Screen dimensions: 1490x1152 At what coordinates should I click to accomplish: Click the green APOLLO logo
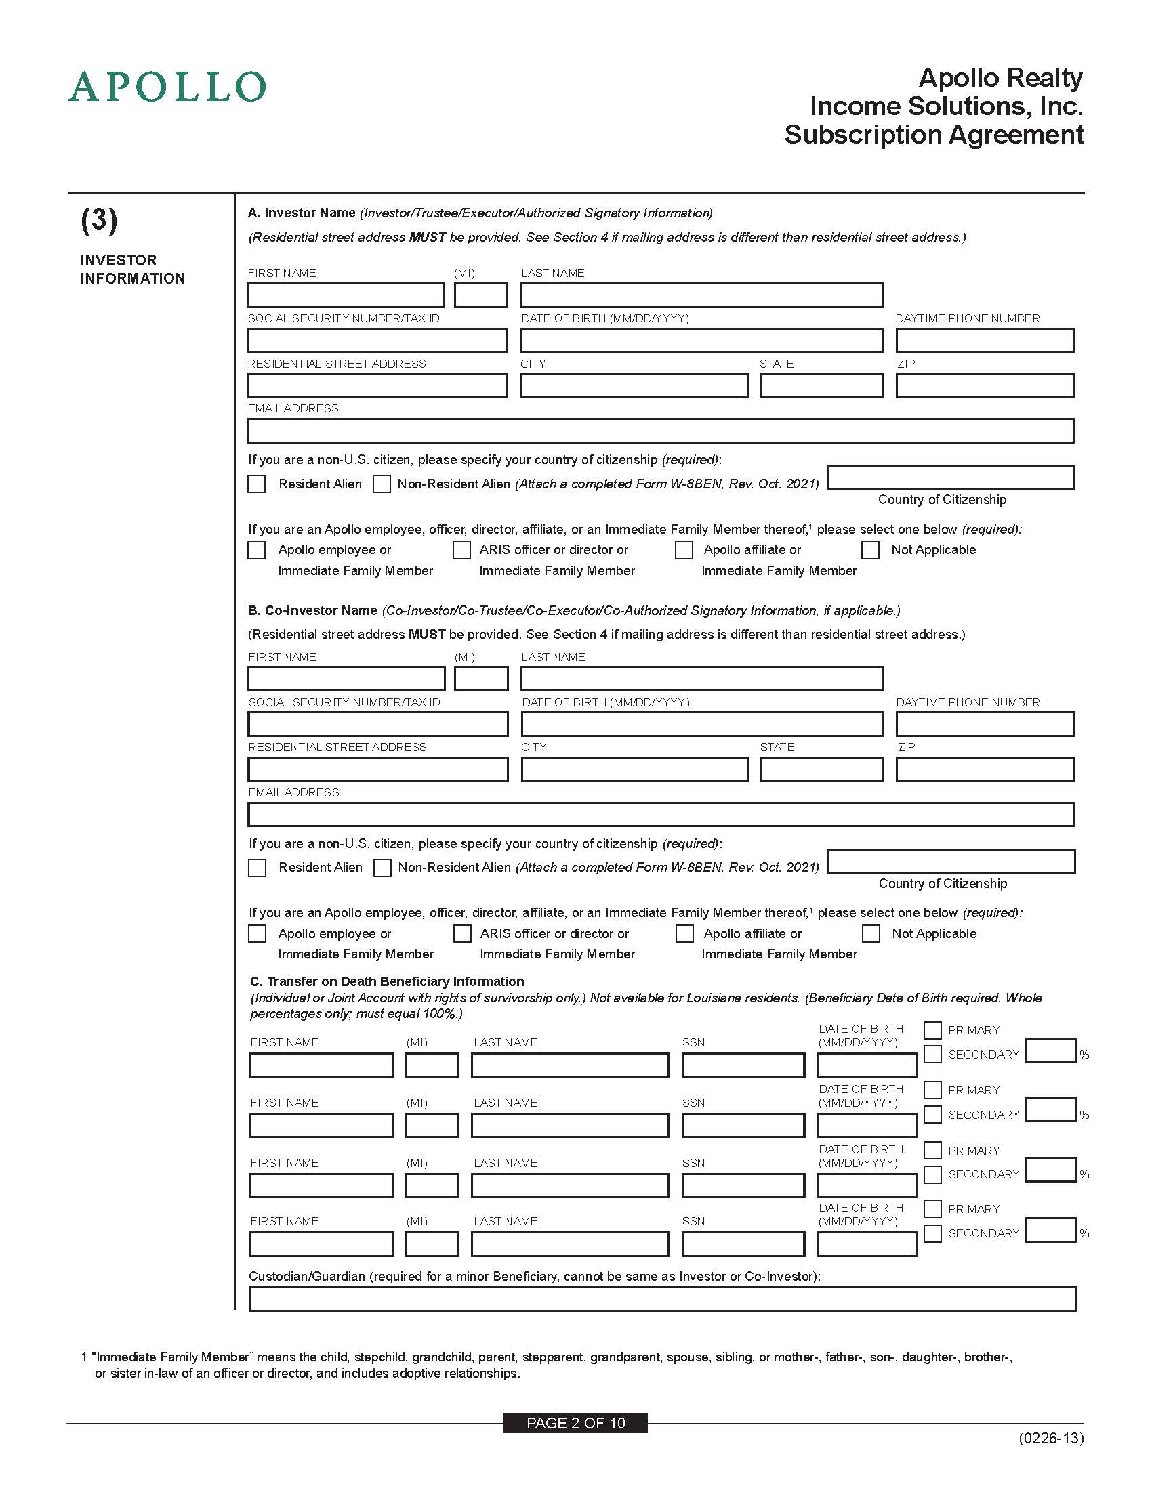pyautogui.click(x=167, y=87)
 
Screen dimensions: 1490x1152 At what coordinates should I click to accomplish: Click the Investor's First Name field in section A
pyautogui.click(x=346, y=295)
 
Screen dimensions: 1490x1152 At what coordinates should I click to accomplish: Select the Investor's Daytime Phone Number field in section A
pyautogui.click(x=984, y=341)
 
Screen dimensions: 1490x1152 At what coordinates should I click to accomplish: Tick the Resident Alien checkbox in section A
pyautogui.click(x=257, y=484)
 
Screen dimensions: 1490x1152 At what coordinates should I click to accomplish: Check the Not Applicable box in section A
pyautogui.click(x=870, y=550)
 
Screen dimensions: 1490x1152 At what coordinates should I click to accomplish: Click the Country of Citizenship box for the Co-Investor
pyautogui.click(x=951, y=861)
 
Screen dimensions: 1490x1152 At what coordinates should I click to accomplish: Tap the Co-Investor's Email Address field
pyautogui.click(x=661, y=815)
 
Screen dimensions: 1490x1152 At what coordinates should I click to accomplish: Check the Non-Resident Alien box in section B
pyautogui.click(x=382, y=868)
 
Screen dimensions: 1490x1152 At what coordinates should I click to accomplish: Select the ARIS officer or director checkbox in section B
pyautogui.click(x=462, y=933)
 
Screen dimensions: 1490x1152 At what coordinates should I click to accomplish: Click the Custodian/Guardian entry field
pyautogui.click(x=662, y=1299)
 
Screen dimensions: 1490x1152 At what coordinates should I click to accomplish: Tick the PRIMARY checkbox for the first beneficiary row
pyautogui.click(x=933, y=1030)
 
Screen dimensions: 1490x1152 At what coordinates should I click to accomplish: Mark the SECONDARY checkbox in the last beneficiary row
pyautogui.click(x=933, y=1233)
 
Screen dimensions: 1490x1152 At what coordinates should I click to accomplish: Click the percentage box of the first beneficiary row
pyautogui.click(x=1050, y=1051)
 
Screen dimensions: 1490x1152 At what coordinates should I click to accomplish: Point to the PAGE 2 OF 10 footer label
pyautogui.click(x=575, y=1423)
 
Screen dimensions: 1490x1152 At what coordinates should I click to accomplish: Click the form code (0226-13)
pyautogui.click(x=1051, y=1438)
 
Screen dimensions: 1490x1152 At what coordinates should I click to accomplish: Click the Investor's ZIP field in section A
pyautogui.click(x=984, y=385)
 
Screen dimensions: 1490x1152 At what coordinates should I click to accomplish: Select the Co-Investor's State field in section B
pyautogui.click(x=821, y=769)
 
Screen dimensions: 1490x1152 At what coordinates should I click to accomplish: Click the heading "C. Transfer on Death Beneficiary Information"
pyautogui.click(x=387, y=981)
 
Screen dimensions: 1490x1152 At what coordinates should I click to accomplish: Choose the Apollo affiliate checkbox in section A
pyautogui.click(x=684, y=550)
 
